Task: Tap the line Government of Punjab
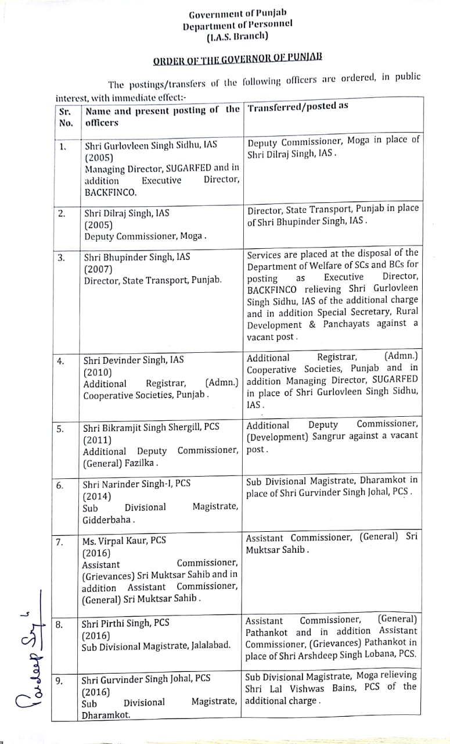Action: (237, 13)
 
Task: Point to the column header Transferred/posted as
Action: (298, 106)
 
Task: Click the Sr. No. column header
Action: (66, 116)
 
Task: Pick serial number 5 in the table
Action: (60, 429)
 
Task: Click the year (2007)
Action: (98, 269)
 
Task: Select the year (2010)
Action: (97, 372)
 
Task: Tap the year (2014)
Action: (96, 496)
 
